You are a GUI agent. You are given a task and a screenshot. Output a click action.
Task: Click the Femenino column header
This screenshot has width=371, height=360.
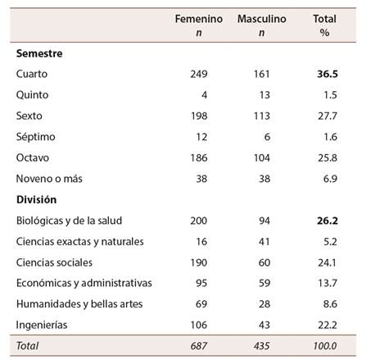pos(193,19)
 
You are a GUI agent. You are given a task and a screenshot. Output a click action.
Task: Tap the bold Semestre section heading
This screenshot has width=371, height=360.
pos(40,53)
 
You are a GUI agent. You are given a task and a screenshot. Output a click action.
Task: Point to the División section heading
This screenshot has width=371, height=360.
pos(38,199)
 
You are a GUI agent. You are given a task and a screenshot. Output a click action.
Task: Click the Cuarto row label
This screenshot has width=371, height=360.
pos(32,74)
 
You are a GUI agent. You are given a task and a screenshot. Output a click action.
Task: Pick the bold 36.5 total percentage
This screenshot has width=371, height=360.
pos(327,74)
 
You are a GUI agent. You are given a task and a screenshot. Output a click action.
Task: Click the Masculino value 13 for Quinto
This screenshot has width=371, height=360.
pos(265,94)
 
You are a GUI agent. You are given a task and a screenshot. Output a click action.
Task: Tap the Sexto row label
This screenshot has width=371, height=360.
pos(30,116)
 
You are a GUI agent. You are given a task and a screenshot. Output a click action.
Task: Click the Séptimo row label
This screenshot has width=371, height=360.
pos(35,136)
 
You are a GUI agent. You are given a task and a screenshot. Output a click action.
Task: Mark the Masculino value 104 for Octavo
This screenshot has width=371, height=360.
pos(262,157)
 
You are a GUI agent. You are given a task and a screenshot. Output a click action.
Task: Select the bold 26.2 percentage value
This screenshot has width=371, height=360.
pos(327,221)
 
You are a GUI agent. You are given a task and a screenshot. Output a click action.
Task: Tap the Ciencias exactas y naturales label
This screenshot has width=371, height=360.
pos(80,241)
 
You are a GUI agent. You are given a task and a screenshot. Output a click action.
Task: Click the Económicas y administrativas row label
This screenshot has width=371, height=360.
pos(84,284)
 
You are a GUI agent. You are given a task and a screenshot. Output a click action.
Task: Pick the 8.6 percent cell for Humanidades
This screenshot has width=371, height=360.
pos(329,304)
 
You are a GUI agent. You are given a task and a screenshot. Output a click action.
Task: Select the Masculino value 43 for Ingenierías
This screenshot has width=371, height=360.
pos(265,325)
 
